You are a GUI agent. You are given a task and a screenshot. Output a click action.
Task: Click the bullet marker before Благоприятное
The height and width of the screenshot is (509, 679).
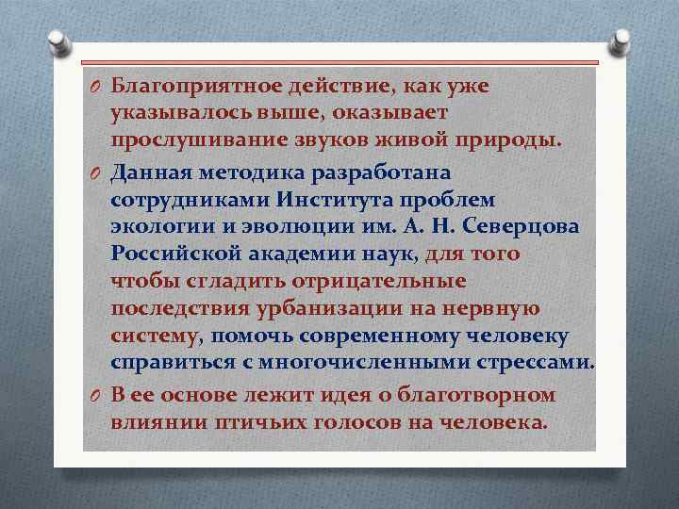pyautogui.click(x=96, y=87)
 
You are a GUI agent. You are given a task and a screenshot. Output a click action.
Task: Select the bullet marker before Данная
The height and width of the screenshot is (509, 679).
pyautogui.click(x=96, y=173)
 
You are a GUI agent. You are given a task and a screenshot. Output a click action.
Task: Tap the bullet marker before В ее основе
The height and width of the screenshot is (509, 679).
pyautogui.click(x=96, y=395)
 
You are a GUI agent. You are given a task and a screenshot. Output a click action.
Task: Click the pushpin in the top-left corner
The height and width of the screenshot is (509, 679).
pyautogui.click(x=57, y=40)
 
